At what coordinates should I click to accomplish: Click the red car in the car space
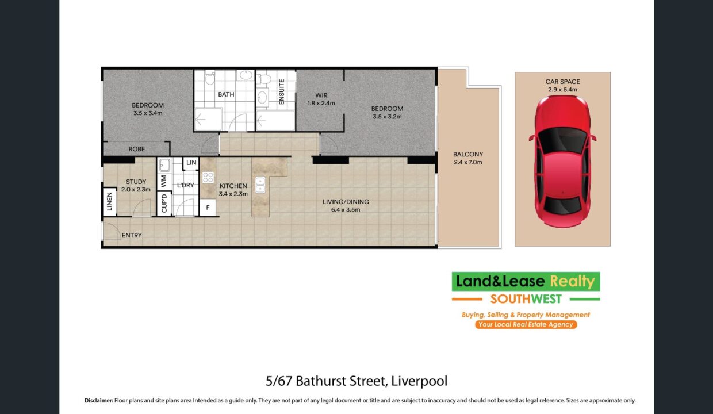point(562,162)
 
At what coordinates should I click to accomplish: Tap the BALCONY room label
point(468,154)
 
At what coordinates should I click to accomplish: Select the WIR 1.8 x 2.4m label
point(321,99)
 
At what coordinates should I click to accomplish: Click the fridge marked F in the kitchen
point(208,208)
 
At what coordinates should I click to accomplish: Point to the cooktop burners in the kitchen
point(208,177)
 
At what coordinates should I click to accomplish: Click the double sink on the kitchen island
point(260,185)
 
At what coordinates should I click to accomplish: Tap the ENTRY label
point(132,236)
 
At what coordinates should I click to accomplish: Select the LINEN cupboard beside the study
point(109,202)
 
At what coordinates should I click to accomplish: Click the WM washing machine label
point(164,181)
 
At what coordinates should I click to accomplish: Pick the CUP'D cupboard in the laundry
point(164,204)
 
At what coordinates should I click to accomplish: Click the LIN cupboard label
point(191,163)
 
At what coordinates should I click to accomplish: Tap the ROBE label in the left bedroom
point(136,149)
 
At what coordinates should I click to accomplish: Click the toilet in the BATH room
point(210,77)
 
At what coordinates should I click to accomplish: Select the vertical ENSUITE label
point(281,92)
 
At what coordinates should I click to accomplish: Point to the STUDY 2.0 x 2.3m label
point(136,186)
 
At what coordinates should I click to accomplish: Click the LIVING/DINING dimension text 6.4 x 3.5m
point(346,210)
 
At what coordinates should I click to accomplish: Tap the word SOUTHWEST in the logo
point(526,299)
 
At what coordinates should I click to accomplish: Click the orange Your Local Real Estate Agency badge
point(526,324)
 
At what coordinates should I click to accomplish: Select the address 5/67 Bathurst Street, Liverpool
point(356,381)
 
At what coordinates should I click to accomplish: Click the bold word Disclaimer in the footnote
point(99,401)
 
